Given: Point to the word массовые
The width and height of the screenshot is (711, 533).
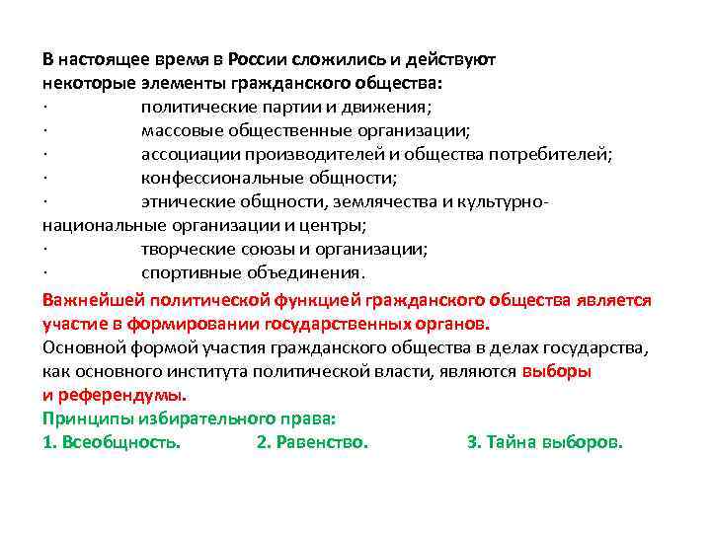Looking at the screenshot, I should (180, 130).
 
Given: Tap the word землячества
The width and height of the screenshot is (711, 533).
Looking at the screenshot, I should (383, 201).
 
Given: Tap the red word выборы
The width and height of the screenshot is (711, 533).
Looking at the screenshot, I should (556, 371).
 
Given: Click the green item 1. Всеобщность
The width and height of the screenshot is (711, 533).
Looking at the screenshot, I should (112, 442).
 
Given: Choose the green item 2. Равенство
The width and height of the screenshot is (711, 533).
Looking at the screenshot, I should (312, 442).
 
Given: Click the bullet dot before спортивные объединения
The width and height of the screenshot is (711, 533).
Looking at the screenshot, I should (46, 272).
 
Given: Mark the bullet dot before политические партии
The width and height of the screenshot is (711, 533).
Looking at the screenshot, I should (46, 107).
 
